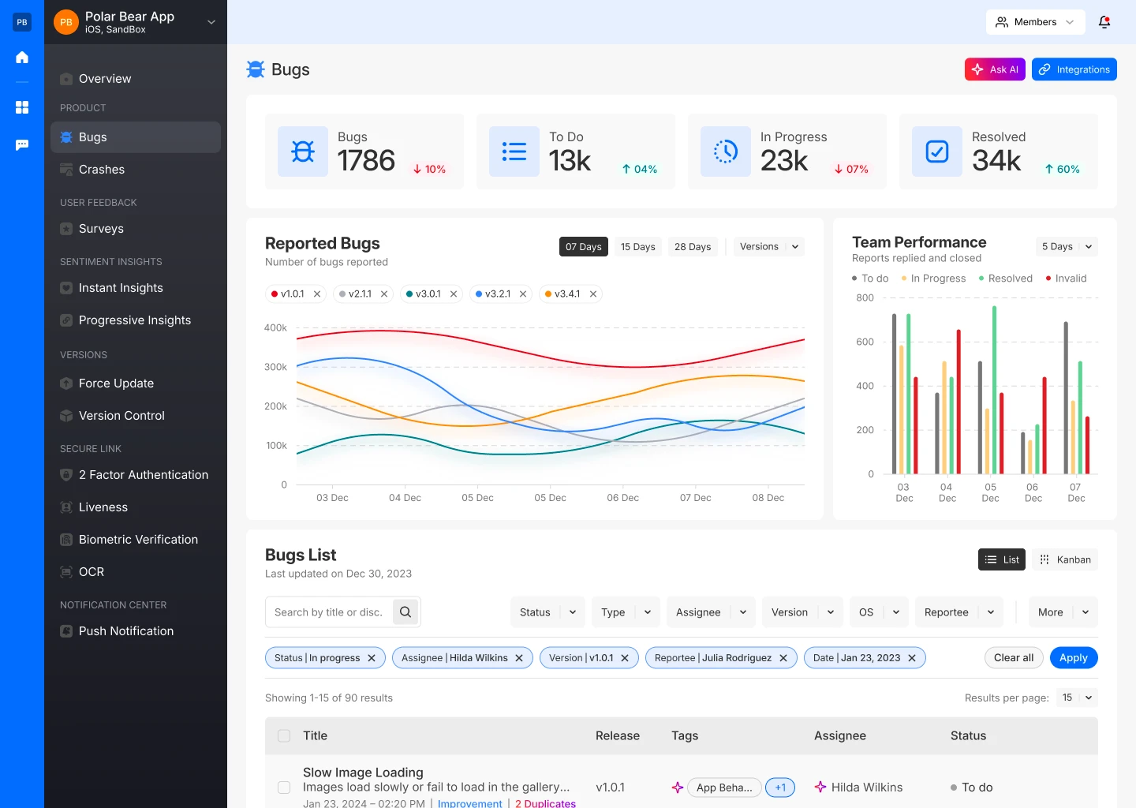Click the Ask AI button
[x=995, y=69]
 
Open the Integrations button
[x=1074, y=69]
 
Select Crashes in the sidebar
[x=102, y=170]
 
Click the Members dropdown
[x=1035, y=22]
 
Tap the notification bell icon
[x=1104, y=22]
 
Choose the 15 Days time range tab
[x=637, y=247]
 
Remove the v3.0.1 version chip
[x=454, y=294]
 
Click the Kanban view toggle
[x=1065, y=559]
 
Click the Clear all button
[x=1014, y=658]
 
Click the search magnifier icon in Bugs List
[x=405, y=612]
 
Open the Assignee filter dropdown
[x=711, y=612]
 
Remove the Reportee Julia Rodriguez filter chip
[x=783, y=658]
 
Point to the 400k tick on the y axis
[x=275, y=327]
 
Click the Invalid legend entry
[x=1066, y=279]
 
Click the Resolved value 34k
[x=996, y=161]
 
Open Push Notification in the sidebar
[x=126, y=631]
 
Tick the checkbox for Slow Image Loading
[x=284, y=787]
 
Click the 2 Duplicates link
[x=545, y=803]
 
